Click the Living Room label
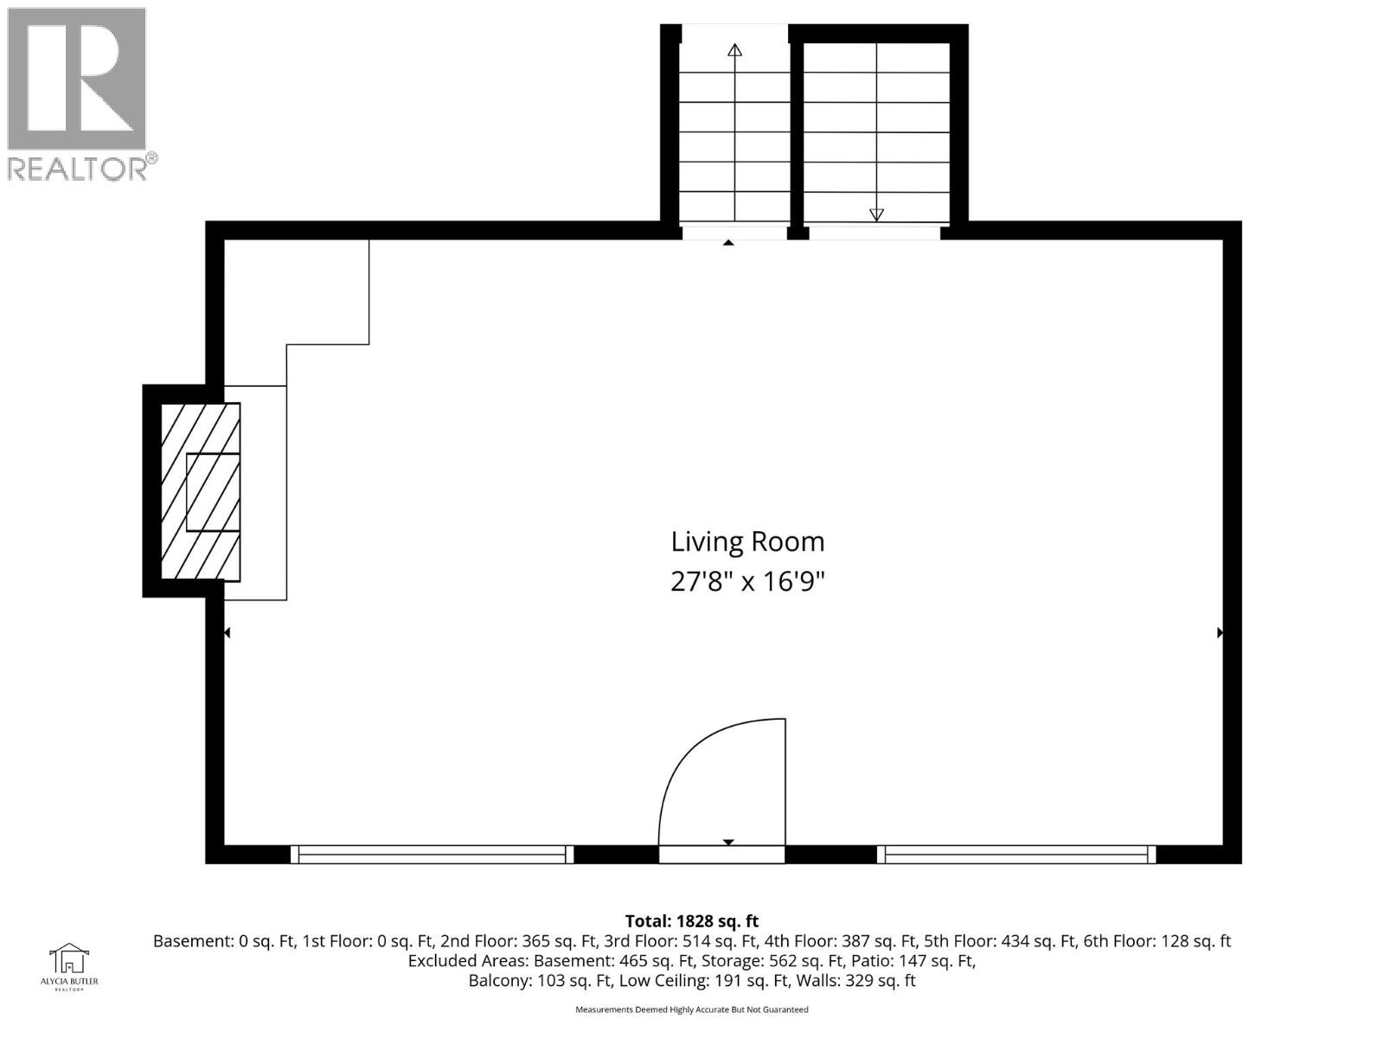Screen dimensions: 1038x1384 (x=747, y=542)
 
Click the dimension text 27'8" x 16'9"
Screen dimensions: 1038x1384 (x=747, y=581)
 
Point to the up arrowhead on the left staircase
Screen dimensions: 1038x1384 (x=734, y=50)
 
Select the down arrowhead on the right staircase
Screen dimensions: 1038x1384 (x=876, y=215)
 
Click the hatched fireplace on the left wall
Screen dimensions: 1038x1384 (x=201, y=491)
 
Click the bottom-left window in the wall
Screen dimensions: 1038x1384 (x=431, y=855)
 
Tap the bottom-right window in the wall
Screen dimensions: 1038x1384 (x=1016, y=855)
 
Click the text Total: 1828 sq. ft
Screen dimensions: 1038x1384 (x=691, y=921)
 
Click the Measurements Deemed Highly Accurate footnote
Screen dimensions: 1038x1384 (x=691, y=1009)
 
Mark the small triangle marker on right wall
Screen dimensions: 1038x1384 (x=1220, y=633)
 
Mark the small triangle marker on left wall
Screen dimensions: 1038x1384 (x=227, y=633)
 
